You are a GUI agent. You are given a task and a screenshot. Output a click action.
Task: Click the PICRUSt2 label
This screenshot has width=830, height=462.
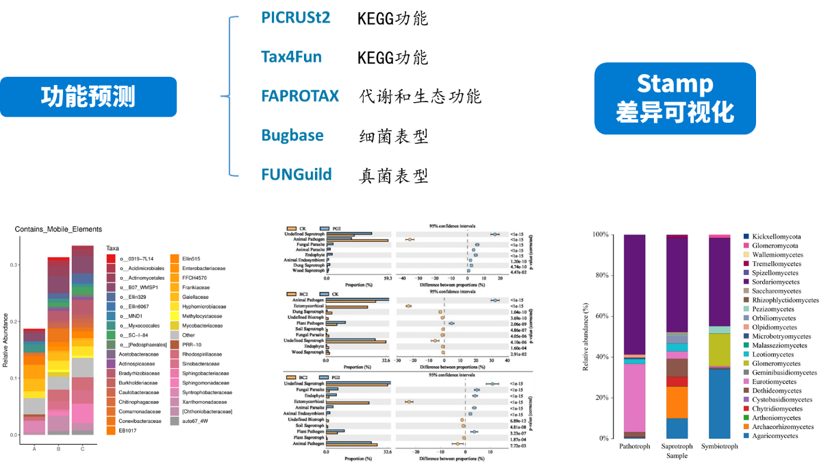point(296,17)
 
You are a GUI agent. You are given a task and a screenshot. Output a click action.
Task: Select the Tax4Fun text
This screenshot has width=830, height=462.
point(291,56)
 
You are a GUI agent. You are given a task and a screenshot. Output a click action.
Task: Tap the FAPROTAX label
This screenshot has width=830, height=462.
point(300,95)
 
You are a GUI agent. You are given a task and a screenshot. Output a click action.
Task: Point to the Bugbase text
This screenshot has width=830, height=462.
point(292,135)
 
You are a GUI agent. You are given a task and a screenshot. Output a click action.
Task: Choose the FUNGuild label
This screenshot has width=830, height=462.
point(297,174)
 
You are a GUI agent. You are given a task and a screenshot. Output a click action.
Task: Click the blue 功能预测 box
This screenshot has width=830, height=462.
point(88,97)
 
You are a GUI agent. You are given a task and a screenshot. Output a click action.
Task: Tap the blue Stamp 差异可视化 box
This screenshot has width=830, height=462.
point(675,98)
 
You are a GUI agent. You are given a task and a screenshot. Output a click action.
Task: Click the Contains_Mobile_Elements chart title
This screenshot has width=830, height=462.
point(58,229)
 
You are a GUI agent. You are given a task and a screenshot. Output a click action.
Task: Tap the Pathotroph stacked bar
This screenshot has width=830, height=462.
point(635,336)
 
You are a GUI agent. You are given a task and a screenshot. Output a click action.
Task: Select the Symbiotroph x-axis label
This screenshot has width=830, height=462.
point(719,446)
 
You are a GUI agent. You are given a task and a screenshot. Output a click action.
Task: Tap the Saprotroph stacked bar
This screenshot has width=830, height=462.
point(677,336)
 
